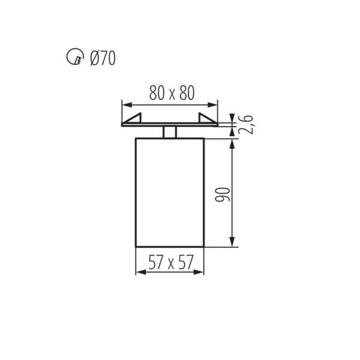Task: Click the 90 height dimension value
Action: [222, 193]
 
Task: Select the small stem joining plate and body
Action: [170, 132]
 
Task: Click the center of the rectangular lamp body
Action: [170, 192]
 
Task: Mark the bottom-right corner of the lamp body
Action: [205, 246]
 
